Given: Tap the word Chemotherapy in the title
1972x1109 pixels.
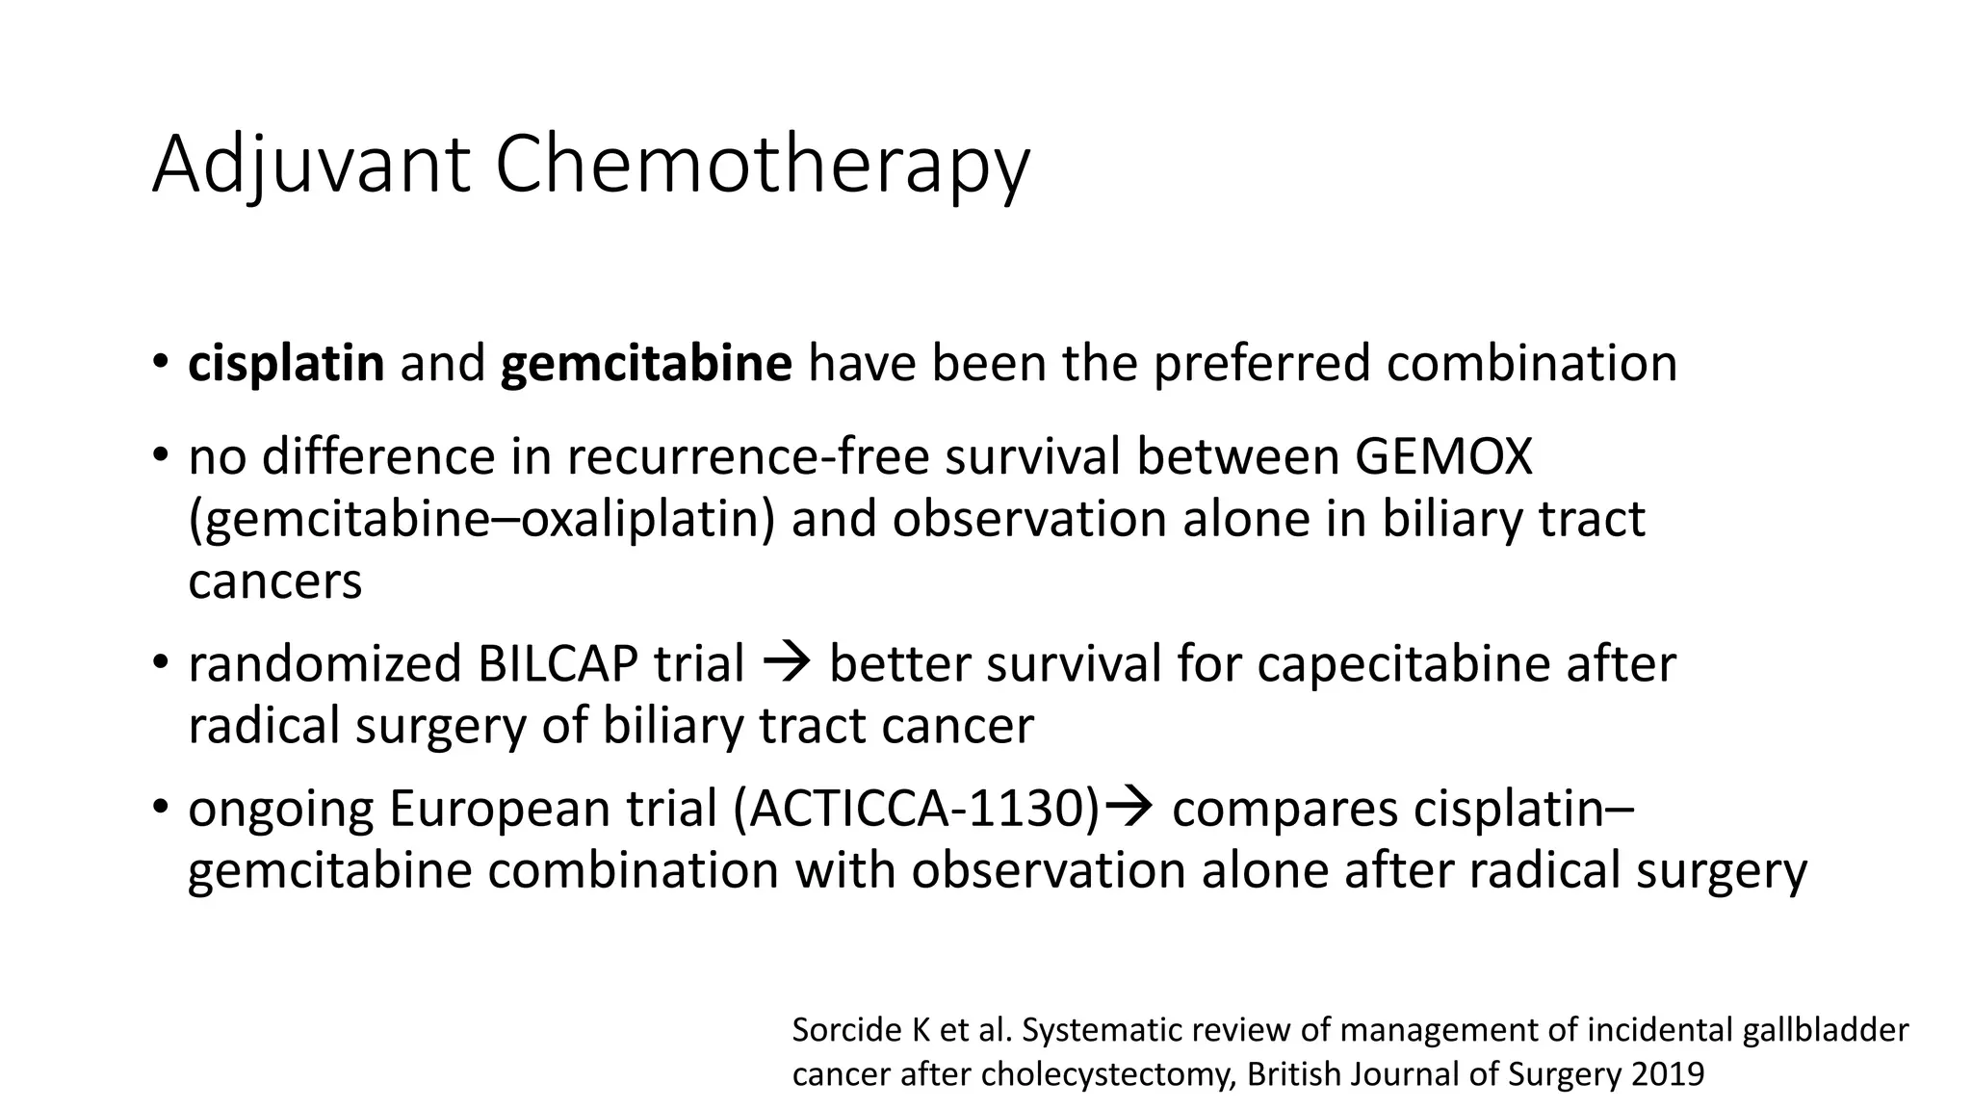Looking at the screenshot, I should click(x=762, y=166).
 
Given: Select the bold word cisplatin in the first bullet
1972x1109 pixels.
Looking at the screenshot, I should click(x=286, y=364).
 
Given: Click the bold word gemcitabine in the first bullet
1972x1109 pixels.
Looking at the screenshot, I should click(x=646, y=364).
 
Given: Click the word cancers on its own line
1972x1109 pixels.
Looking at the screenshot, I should click(x=275, y=581).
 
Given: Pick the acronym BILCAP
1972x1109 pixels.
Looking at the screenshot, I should click(x=557, y=664).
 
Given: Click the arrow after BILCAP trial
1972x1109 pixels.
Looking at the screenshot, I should click(x=787, y=664).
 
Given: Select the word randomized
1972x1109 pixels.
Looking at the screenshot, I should click(x=324, y=664).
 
